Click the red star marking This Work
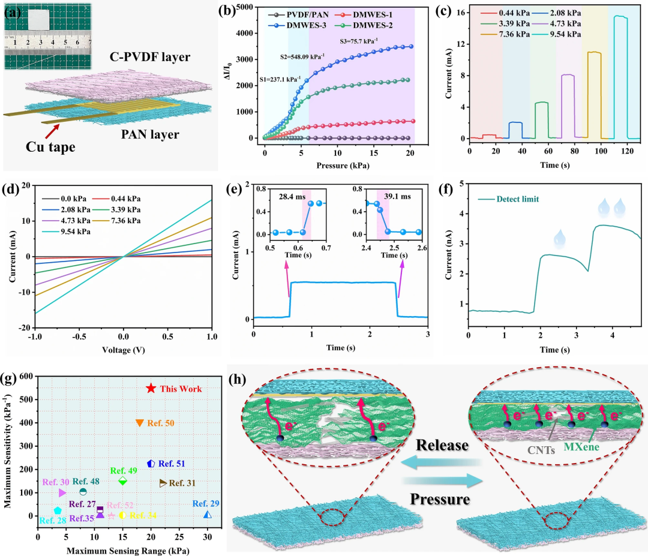click(x=151, y=389)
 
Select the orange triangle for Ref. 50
click(x=139, y=423)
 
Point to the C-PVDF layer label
click(x=149, y=58)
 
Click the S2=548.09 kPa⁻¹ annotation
click(x=302, y=57)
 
